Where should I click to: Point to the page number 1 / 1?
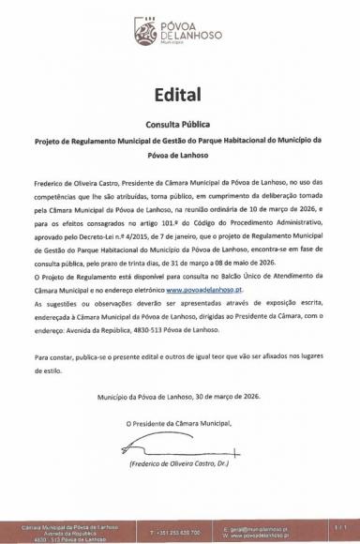[339, 528]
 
